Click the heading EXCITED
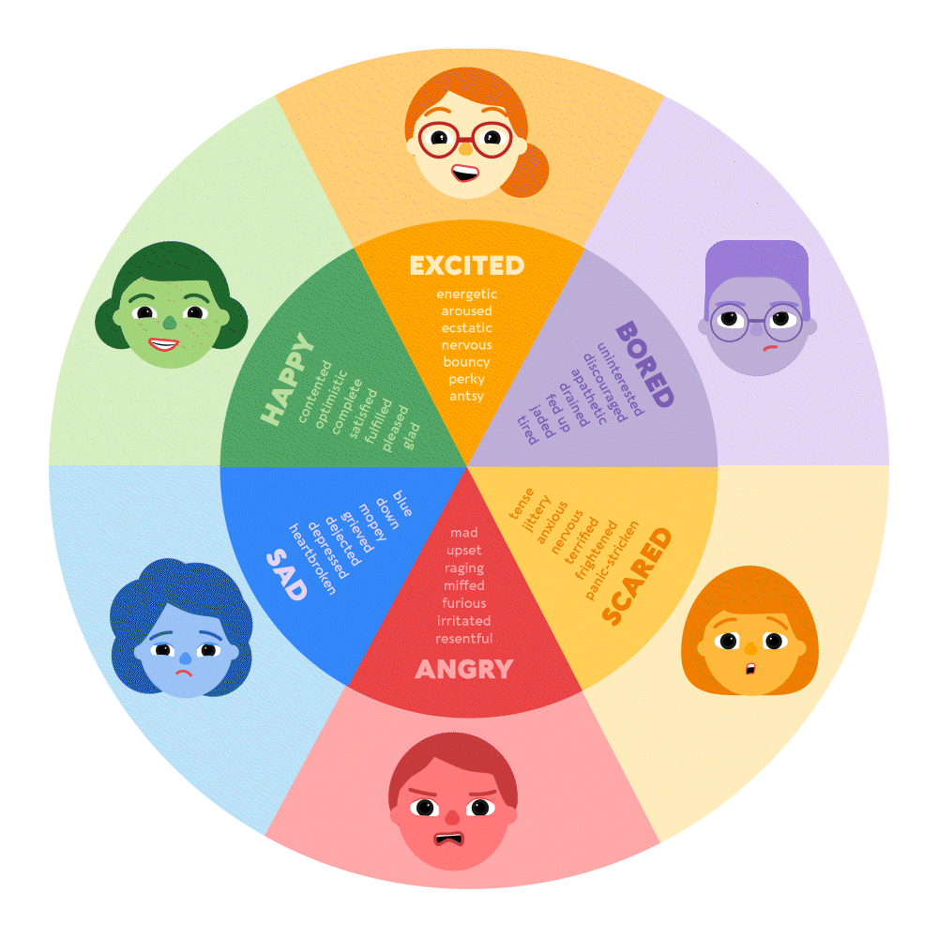tap(466, 265)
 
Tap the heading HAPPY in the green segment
tap(286, 380)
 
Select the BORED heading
tap(644, 365)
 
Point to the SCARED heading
tap(637, 577)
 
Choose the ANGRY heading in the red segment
tap(464, 669)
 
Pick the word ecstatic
tap(466, 327)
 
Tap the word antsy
tap(466, 396)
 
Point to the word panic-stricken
tap(612, 560)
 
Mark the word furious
tap(464, 603)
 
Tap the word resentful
tap(464, 639)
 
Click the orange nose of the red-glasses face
tap(464, 148)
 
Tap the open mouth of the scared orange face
tap(749, 669)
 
